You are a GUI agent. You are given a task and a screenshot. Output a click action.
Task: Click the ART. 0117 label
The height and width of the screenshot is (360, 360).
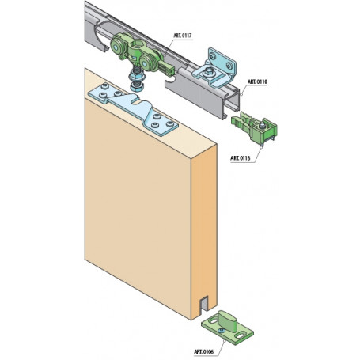point(183,36)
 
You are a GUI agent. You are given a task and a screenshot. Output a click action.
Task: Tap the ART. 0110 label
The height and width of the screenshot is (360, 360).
point(257,82)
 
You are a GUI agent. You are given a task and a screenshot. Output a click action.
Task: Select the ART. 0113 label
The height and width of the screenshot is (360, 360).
point(241,158)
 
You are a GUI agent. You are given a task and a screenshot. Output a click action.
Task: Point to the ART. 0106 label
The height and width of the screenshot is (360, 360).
point(204,351)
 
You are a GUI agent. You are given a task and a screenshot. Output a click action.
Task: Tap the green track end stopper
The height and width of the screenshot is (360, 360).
point(254,128)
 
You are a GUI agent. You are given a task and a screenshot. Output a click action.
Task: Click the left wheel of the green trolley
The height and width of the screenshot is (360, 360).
point(116,47)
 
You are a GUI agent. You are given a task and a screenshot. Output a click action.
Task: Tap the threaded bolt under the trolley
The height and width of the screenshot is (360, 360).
point(136,78)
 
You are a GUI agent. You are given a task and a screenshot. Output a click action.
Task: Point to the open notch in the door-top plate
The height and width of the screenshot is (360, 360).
point(138,100)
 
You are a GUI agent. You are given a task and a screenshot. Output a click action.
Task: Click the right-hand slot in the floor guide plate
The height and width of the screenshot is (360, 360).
point(242,335)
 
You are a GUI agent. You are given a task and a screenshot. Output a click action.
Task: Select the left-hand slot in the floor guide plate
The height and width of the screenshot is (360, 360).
point(213,321)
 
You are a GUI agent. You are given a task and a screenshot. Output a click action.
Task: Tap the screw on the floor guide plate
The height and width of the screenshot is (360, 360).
point(221,330)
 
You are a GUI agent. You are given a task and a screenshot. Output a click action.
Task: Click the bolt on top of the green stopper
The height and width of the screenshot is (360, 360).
point(262,126)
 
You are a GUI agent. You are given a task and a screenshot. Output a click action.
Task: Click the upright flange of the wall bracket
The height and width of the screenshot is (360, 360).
point(222,61)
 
